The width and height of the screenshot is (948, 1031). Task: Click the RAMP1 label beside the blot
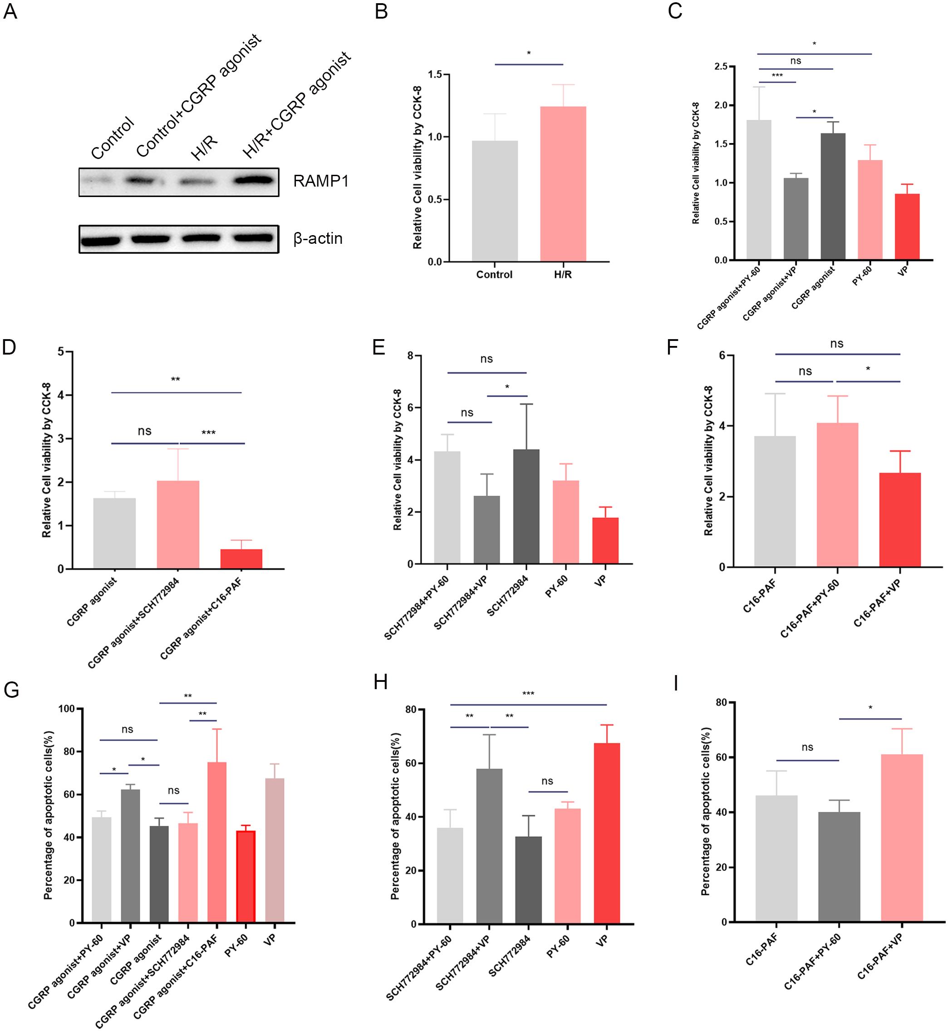pyautogui.click(x=321, y=181)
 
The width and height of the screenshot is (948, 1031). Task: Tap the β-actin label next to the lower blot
pyautogui.click(x=318, y=238)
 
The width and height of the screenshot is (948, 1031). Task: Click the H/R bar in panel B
pyautogui.click(x=563, y=185)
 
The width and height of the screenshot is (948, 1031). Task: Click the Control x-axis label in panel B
pyautogui.click(x=494, y=275)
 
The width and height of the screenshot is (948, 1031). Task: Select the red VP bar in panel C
pyautogui.click(x=907, y=226)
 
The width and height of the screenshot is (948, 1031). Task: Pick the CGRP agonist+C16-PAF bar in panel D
pyautogui.click(x=241, y=559)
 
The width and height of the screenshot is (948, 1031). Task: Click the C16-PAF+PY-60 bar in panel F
pyautogui.click(x=837, y=495)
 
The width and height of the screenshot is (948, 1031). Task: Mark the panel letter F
pyautogui.click(x=672, y=347)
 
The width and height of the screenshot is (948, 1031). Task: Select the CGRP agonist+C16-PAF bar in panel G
pyautogui.click(x=216, y=842)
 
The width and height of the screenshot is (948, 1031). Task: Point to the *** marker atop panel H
pyautogui.click(x=528, y=694)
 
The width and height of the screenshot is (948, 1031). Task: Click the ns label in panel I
pyautogui.click(x=807, y=748)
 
